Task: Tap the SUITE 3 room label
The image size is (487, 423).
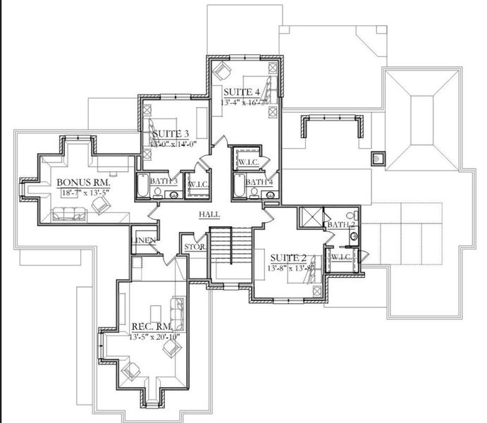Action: click(x=171, y=133)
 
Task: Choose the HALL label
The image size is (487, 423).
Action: click(x=209, y=214)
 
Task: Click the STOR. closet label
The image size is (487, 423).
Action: click(x=194, y=247)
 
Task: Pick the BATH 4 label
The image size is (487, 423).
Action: click(x=260, y=183)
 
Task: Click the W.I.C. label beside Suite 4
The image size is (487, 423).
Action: click(x=248, y=161)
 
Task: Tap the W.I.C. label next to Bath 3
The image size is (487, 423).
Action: click(x=196, y=185)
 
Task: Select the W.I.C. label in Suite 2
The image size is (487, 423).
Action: click(x=342, y=256)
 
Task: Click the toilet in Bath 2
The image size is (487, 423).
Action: click(x=351, y=214)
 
